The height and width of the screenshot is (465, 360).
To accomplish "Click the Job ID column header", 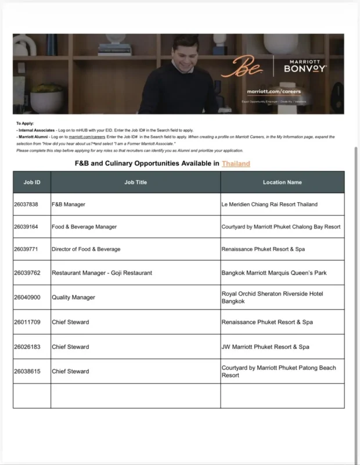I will click(32, 183).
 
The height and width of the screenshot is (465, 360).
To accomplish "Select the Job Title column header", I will click(136, 183).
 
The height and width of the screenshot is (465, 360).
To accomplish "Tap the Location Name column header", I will click(282, 183).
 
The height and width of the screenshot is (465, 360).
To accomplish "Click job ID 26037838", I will click(26, 205).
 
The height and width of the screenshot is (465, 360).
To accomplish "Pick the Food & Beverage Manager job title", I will click(84, 227).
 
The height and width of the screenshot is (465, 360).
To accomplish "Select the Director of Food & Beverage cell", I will click(86, 249).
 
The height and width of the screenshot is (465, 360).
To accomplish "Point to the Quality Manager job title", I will click(73, 298).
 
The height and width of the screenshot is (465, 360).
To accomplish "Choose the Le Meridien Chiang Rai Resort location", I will click(269, 205).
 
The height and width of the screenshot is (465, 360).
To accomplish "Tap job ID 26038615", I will click(26, 371).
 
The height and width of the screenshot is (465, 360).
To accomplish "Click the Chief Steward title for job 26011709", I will click(70, 322).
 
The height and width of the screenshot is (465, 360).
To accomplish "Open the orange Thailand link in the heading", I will click(236, 164).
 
